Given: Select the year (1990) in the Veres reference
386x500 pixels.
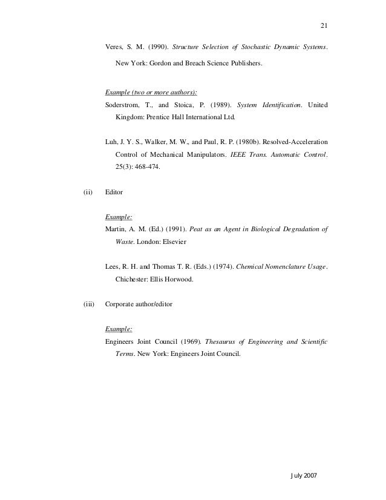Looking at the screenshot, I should click(x=160, y=48).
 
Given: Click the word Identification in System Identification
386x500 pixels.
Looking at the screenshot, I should click(x=280, y=105).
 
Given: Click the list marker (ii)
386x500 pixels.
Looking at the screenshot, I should click(x=87, y=192).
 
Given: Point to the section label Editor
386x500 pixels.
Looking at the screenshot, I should click(x=114, y=192).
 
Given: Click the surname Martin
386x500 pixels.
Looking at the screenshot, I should click(x=115, y=228).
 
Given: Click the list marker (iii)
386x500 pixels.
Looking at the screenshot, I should click(x=88, y=304).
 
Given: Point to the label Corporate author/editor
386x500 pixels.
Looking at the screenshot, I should click(x=139, y=304).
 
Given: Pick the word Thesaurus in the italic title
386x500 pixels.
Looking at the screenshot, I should click(x=233, y=342).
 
